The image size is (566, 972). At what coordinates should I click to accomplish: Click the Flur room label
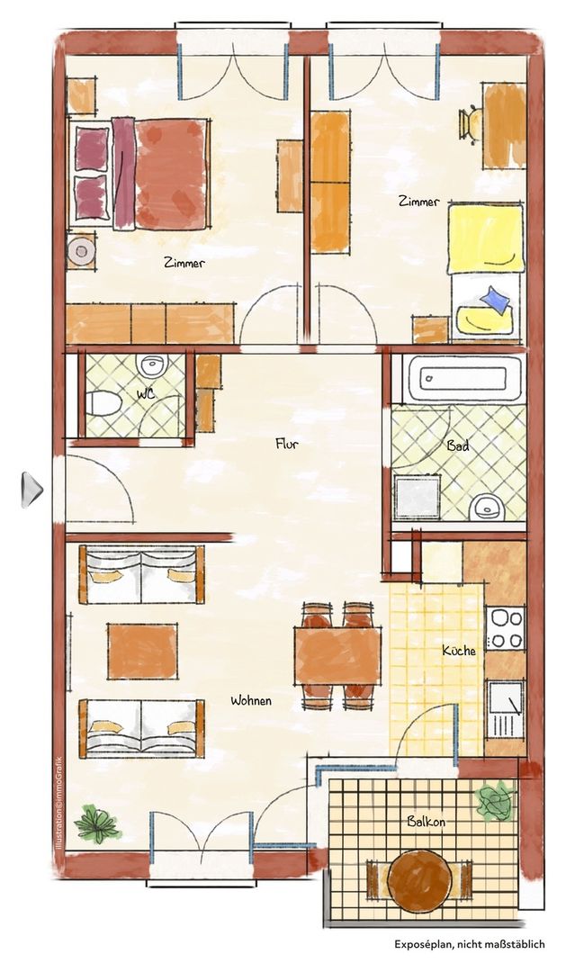tap(287, 443)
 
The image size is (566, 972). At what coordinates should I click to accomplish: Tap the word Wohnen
tap(251, 701)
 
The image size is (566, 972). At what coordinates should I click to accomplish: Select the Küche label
tap(459, 651)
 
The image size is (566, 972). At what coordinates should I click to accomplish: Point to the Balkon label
tap(426, 822)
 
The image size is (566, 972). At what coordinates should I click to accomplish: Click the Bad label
tap(457, 445)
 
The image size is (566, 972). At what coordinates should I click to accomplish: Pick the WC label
tap(146, 393)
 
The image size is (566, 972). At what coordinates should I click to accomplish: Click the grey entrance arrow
tap(31, 490)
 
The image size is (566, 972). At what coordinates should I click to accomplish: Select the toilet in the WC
tap(103, 403)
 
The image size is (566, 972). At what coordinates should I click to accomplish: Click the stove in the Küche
tap(506, 628)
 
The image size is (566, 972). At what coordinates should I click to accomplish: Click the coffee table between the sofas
tap(142, 651)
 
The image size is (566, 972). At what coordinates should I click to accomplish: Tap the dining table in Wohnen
tap(337, 655)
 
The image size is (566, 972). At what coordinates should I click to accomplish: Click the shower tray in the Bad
tap(418, 497)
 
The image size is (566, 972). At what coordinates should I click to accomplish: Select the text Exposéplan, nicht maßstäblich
tap(470, 944)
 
